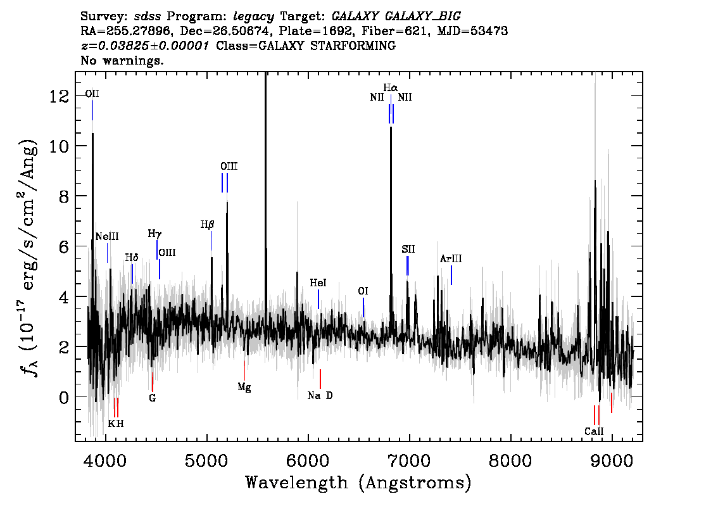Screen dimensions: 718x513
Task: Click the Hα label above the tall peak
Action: [x=391, y=87]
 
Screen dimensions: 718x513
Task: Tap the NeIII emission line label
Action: [x=107, y=236]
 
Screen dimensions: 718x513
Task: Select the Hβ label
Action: [x=208, y=225]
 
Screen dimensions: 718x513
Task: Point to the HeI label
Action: [x=318, y=283]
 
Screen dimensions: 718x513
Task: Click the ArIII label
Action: [x=451, y=259]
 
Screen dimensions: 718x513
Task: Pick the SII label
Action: [x=408, y=249]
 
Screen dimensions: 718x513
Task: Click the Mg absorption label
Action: [x=244, y=388]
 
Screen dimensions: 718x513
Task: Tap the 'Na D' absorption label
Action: [x=320, y=395]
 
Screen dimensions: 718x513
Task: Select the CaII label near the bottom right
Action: [x=594, y=431]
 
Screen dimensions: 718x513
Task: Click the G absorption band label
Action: [x=153, y=398]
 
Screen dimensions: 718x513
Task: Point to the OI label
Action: [x=363, y=291]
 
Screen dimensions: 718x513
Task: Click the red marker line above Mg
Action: [x=244, y=370]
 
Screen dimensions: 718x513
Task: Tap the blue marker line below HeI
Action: [x=318, y=299]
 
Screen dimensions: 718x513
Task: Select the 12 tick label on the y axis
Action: [x=60, y=96]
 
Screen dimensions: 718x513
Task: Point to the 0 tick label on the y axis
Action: [x=64, y=397]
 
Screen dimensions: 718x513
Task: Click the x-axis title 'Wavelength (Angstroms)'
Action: [x=358, y=483]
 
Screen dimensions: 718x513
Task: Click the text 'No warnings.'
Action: [x=122, y=60]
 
